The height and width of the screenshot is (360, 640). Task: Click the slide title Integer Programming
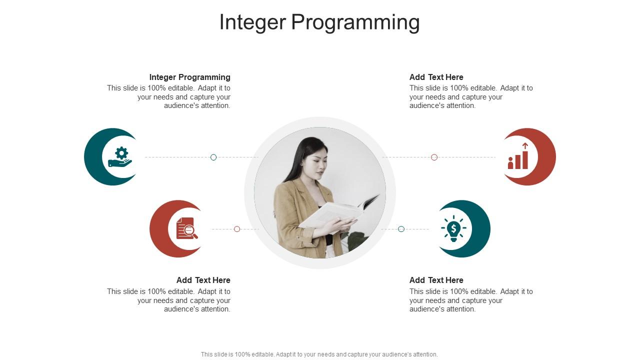[319, 22]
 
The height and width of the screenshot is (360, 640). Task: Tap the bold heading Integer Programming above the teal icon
[189, 77]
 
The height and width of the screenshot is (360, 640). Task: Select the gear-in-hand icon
[120, 156]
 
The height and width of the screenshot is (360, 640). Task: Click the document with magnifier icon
[186, 228]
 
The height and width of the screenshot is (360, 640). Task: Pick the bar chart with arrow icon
[518, 156]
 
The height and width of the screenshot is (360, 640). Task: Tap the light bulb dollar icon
[453, 229]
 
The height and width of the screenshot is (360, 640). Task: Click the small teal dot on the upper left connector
[213, 157]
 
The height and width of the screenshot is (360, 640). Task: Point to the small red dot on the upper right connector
[434, 157]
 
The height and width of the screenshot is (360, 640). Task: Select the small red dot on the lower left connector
[237, 229]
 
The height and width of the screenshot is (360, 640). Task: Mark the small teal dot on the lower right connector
[401, 229]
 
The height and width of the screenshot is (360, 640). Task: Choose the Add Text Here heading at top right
[436, 77]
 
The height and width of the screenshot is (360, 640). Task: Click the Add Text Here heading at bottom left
[203, 280]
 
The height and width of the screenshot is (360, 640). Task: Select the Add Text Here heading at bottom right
[436, 280]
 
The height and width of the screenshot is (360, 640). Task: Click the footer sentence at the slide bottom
[319, 354]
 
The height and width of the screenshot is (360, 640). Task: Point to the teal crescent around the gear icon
[93, 157]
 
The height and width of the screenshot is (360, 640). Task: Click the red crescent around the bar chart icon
[547, 157]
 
